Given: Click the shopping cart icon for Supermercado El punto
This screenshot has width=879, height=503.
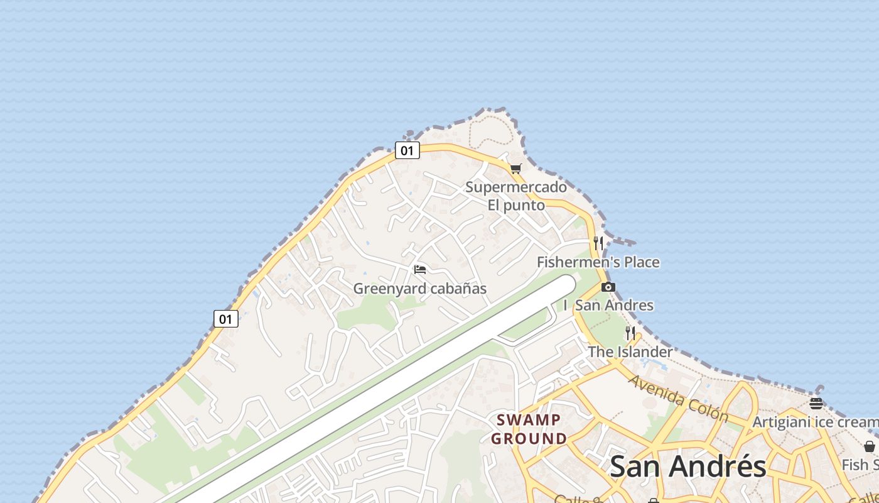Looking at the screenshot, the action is (x=515, y=169).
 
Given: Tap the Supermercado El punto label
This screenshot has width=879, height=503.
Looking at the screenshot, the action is (x=516, y=196).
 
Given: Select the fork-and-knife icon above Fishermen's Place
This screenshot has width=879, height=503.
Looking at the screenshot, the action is (x=598, y=243).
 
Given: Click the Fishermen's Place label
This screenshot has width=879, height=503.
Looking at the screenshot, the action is (x=598, y=262).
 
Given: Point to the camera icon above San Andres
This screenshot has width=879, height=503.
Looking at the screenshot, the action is (x=608, y=287).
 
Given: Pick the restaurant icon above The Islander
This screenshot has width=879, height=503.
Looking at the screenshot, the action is (x=630, y=333).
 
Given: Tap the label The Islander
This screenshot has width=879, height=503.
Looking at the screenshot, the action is (x=630, y=352).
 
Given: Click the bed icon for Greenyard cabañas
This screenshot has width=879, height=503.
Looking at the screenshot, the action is (x=420, y=270).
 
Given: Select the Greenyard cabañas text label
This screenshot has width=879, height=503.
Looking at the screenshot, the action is (x=420, y=289).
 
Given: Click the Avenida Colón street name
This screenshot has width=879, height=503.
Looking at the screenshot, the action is (x=678, y=399).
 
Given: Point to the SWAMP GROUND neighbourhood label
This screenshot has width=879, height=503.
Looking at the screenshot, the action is (x=529, y=429).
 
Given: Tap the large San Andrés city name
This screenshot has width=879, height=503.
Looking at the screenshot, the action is (x=688, y=467).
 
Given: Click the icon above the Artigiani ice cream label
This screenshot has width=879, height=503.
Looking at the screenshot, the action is (x=816, y=403).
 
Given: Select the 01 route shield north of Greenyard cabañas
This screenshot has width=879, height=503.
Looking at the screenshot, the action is (x=407, y=150).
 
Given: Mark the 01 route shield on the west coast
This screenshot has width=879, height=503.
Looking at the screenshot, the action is (x=226, y=319).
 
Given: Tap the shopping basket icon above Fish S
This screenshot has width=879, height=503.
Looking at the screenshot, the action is (x=870, y=446).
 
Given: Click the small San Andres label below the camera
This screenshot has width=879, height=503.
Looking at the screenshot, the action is (x=614, y=306).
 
